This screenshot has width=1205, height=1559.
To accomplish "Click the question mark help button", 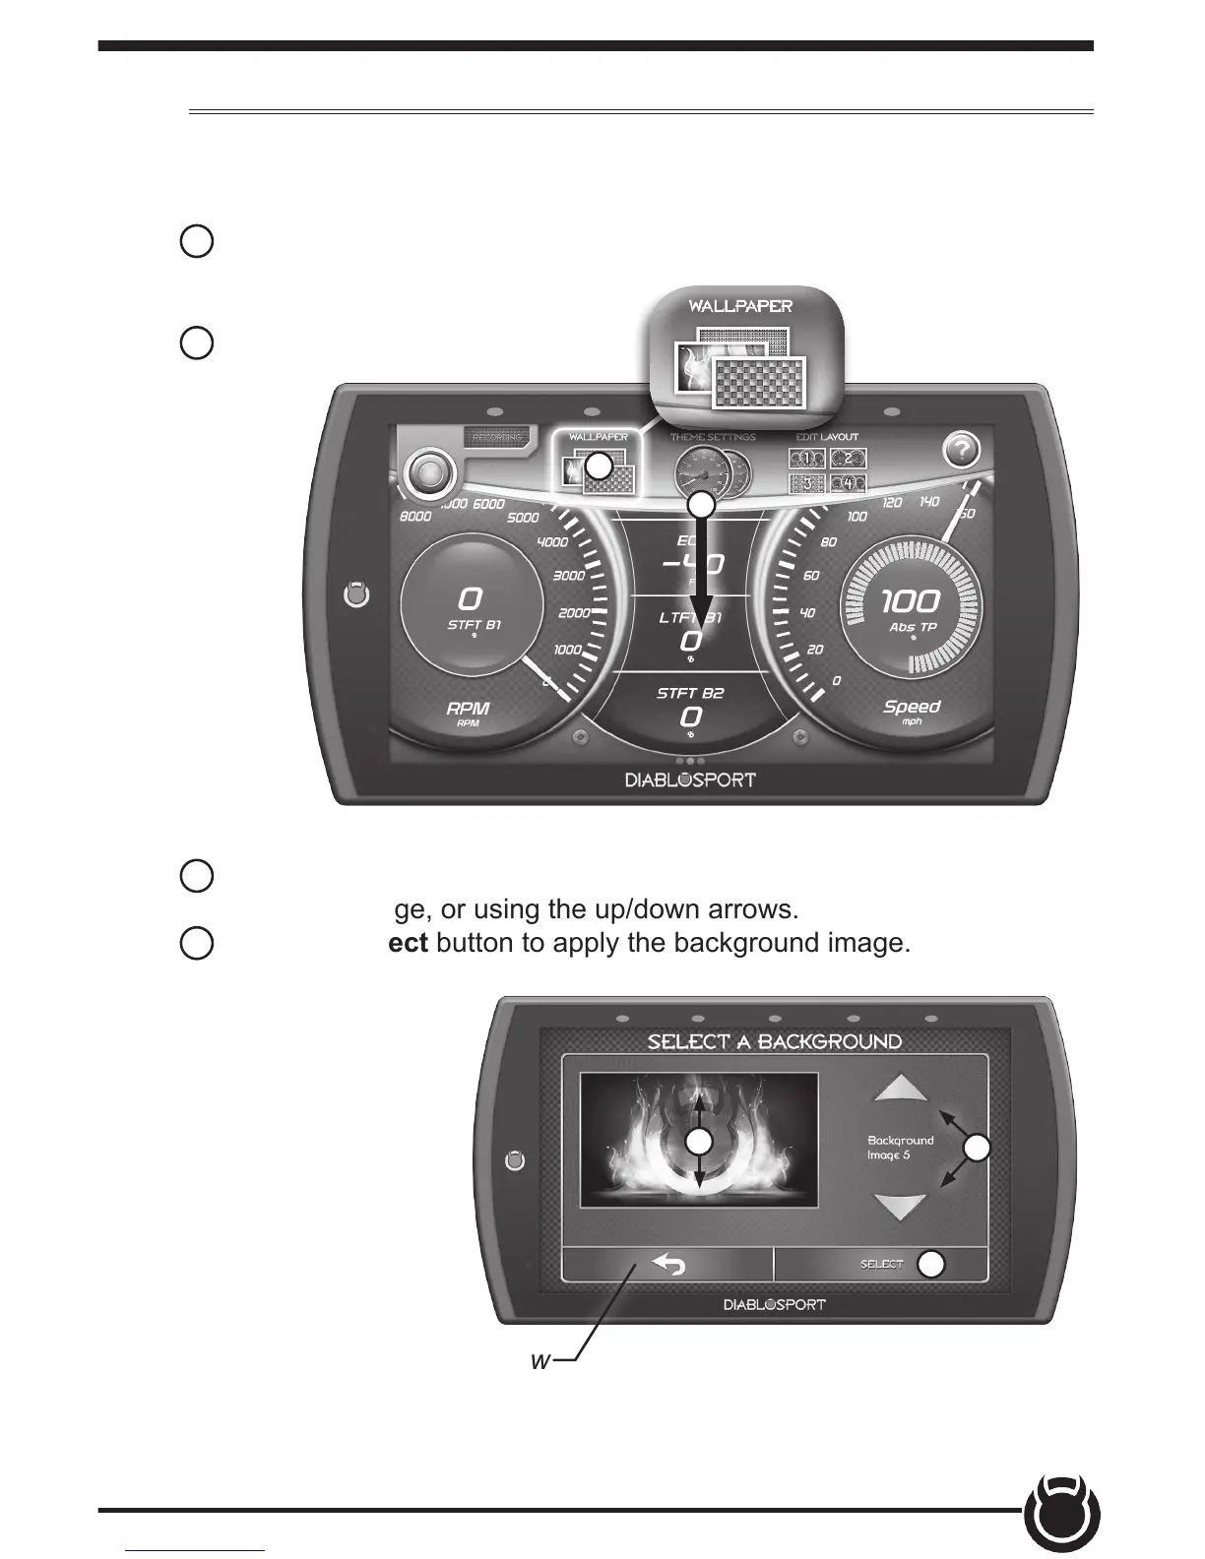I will [x=962, y=451].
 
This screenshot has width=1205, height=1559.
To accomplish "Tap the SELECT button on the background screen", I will [x=881, y=1264].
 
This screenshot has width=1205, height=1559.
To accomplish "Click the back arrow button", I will [x=668, y=1264].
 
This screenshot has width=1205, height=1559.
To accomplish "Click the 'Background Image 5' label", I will [x=900, y=1148].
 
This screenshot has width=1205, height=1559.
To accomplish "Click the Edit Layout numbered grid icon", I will [x=827, y=469].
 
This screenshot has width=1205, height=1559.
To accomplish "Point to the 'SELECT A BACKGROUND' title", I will [x=774, y=1041].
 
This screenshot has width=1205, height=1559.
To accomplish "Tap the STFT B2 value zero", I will [x=691, y=717].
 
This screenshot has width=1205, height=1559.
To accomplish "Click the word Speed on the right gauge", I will [x=912, y=707].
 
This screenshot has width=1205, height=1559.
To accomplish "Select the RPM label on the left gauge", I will [x=468, y=709].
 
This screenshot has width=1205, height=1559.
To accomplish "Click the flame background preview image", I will [x=699, y=1140].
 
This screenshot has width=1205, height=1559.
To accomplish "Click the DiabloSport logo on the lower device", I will [x=774, y=1305].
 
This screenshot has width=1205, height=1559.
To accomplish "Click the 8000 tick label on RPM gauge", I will [x=416, y=516].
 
